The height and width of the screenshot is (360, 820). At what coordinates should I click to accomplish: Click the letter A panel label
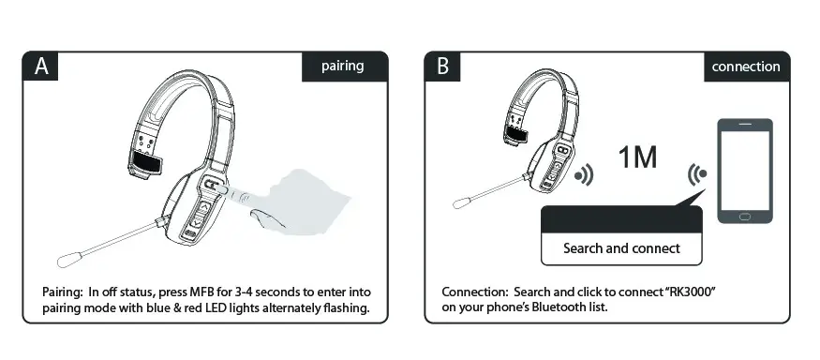click(41, 67)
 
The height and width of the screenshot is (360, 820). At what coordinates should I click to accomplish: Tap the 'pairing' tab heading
click(342, 67)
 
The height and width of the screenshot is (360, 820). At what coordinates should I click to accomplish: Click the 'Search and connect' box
click(620, 248)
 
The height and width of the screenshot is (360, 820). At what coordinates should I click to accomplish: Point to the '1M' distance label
click(637, 157)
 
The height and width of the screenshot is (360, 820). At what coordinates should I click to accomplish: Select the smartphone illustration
click(745, 171)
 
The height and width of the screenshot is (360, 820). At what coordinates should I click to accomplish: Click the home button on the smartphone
click(745, 217)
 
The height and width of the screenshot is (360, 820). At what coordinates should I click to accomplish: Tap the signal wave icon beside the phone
click(696, 173)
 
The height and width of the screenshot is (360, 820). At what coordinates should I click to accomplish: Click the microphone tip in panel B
click(462, 202)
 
